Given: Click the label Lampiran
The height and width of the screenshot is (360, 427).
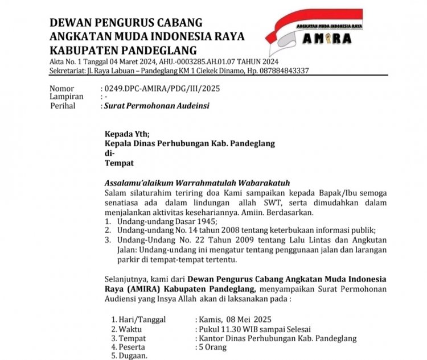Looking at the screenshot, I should coord(66,97).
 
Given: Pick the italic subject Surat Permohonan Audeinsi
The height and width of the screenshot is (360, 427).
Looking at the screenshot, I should coord(150,105).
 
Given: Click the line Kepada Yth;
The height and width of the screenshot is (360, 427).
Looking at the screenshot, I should coord(127,134).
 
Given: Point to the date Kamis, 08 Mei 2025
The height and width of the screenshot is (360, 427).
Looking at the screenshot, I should coord(235,318).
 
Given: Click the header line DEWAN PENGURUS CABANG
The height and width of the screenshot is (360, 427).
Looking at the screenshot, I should coord(126,23).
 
